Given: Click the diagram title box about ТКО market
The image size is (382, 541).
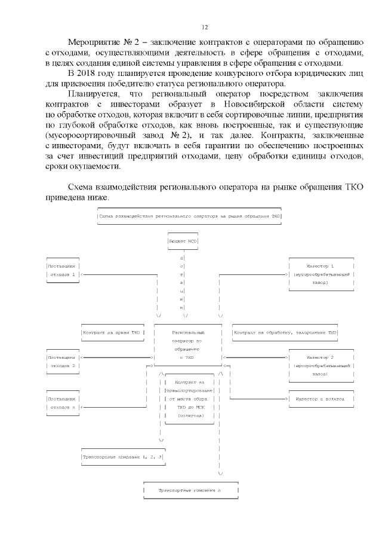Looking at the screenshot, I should pyautogui.click(x=189, y=216).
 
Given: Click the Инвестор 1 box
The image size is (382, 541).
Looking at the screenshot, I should pyautogui.click(x=321, y=274).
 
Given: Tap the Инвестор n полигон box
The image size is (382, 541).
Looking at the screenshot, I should pyautogui.click(x=321, y=398).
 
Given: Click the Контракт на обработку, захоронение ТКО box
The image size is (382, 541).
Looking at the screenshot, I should pyautogui.click(x=285, y=332).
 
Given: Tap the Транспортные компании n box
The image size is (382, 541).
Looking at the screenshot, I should pyautogui.click(x=190, y=490).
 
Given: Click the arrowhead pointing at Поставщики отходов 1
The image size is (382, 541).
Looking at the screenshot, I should pyautogui.click(x=82, y=274).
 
